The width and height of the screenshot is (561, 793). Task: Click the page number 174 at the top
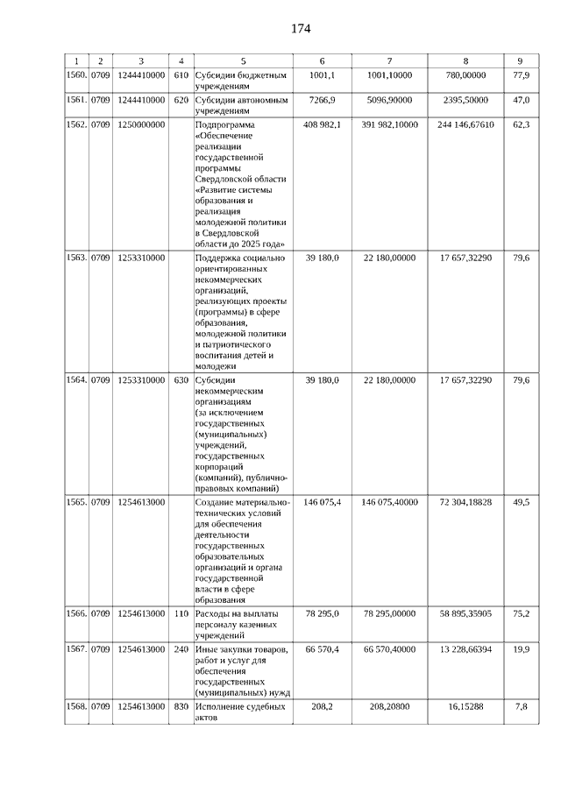coord(301,28)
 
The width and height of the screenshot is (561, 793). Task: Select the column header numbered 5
coord(244,60)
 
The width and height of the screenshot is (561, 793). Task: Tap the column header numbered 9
coord(521,60)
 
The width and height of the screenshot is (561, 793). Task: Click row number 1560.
coord(77,76)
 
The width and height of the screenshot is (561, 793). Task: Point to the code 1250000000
coord(140,125)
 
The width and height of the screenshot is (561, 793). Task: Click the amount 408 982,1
coord(322,125)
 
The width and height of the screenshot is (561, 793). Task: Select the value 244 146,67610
coord(465,125)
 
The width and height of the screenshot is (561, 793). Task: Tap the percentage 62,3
coord(521,125)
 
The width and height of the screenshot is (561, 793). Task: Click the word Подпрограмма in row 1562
coord(220,125)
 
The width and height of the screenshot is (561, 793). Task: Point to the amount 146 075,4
coord(322,502)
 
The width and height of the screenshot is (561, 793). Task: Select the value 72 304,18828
coord(465,502)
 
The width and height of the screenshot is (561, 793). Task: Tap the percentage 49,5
coord(521,502)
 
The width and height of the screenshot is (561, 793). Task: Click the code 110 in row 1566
coord(181,613)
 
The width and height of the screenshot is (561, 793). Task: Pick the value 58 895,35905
coord(465,613)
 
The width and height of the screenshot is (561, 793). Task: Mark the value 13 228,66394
coord(465,649)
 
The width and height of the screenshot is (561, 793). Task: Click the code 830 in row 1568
coord(181,705)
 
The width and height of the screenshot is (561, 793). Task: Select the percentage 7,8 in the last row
coord(521,705)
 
